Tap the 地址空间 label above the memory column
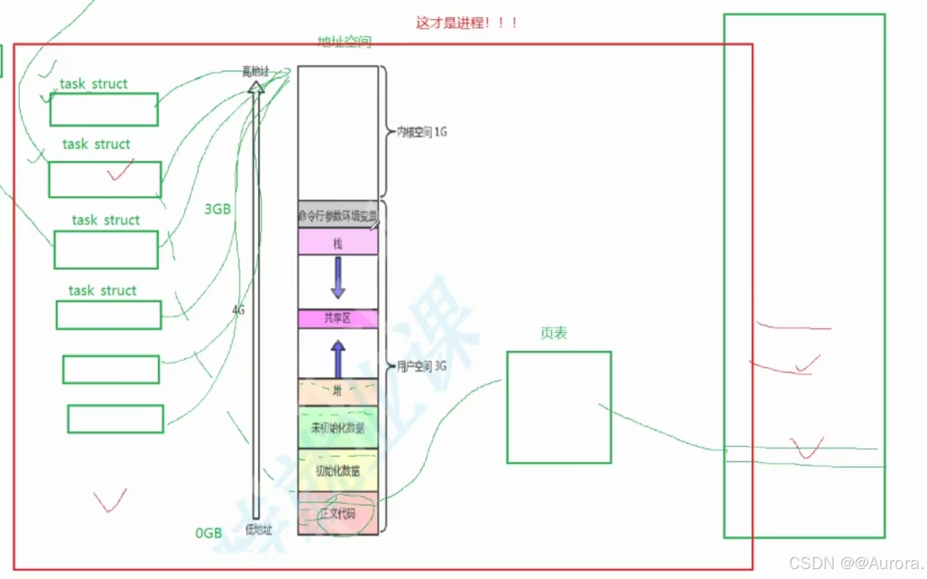[x=345, y=42]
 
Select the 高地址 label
[x=255, y=72]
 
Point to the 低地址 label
[x=258, y=529]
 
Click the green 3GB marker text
[x=217, y=210]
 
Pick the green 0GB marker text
[x=208, y=533]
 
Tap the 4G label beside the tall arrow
[x=239, y=310]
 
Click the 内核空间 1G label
[x=422, y=132]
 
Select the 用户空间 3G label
[x=421, y=366]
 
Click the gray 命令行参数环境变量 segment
[x=338, y=215]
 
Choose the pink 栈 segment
[x=338, y=242]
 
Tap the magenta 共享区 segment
[x=338, y=319]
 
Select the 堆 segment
[x=338, y=391]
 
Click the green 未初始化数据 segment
[x=338, y=428]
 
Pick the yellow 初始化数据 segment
[x=338, y=471]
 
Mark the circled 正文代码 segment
[x=338, y=513]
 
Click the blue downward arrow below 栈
[x=338, y=277]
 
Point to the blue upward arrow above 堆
[x=338, y=358]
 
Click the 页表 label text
[x=553, y=334]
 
